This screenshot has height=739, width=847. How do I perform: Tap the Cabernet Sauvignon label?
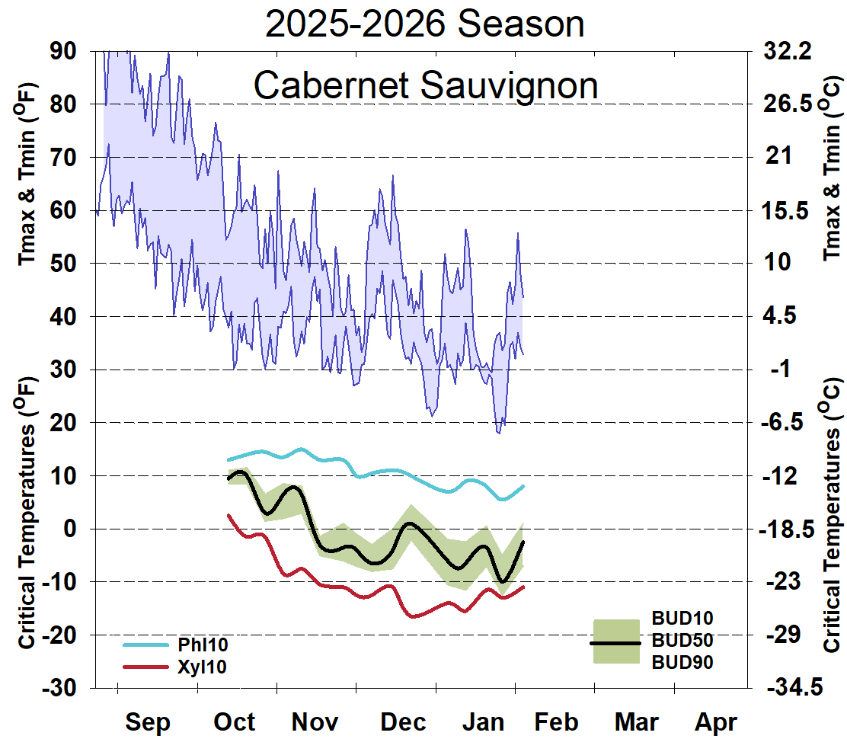[x=425, y=85]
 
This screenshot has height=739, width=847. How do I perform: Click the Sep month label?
[x=148, y=721]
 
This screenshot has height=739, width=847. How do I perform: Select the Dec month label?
[x=403, y=721]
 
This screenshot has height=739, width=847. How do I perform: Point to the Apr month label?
[x=716, y=721]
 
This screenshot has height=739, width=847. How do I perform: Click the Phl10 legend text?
[x=203, y=645]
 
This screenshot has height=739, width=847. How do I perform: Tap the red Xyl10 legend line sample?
[x=145, y=667]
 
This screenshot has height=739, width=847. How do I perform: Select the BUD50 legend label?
[x=682, y=640]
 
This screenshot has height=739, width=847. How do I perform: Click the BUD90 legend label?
[x=682, y=663]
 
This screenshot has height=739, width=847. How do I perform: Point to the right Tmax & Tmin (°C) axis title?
[x=833, y=168]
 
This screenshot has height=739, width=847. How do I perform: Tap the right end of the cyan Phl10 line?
[x=523, y=486]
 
